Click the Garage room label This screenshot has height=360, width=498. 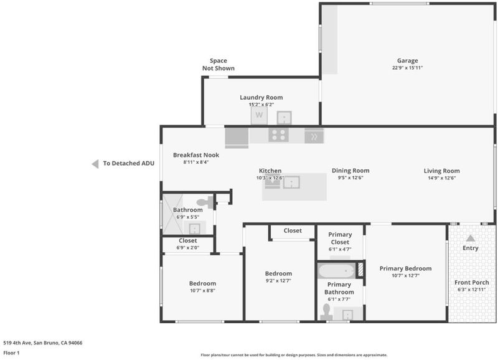408,60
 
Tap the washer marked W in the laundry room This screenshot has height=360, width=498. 259,115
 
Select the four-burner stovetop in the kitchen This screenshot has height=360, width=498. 278,135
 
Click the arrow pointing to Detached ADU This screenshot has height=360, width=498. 95,164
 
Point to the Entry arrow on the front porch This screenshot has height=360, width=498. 471,238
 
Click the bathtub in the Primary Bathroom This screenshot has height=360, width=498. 336,271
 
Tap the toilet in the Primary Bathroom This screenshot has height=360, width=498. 326,312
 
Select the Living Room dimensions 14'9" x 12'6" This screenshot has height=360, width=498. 442,178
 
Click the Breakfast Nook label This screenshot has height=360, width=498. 196,155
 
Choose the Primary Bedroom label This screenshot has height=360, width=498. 406,268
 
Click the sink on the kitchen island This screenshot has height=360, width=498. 291,182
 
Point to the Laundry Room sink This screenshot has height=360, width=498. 284,118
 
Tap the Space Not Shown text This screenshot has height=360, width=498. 218,65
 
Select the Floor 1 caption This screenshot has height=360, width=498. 11,353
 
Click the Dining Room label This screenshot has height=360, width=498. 350,171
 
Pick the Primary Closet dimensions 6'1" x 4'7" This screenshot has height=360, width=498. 340,249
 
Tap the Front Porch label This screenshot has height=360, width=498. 472,283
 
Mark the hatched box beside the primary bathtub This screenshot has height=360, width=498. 360,270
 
